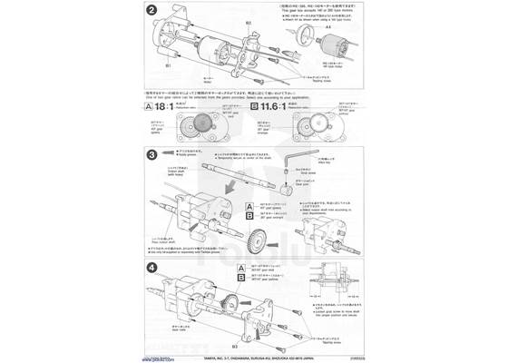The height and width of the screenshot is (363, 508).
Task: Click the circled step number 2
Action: click(x=152, y=13)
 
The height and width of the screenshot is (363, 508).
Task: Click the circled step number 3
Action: click(x=152, y=155)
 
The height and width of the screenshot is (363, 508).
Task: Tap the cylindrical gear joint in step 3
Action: click(x=286, y=192)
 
